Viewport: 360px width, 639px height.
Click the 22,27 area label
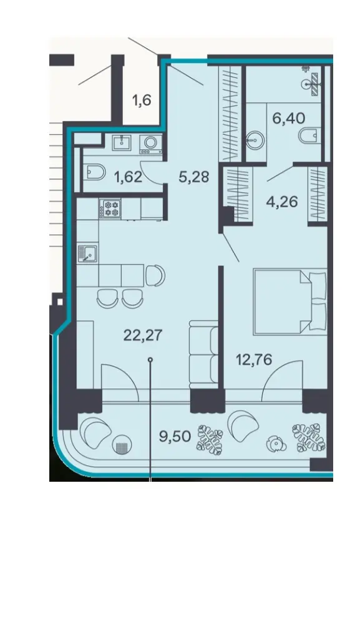(142, 336)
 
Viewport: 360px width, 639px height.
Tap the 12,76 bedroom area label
(254, 360)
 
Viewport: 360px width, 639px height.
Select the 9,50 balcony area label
(175, 437)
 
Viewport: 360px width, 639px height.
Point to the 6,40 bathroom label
(289, 119)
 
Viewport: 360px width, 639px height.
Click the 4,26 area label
(283, 202)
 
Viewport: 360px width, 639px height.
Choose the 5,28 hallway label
(194, 177)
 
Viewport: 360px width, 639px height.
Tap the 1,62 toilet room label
(129, 177)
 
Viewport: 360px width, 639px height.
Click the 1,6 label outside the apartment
(142, 100)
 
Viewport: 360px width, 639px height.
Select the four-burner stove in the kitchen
(110, 208)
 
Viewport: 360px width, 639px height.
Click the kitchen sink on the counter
(87, 253)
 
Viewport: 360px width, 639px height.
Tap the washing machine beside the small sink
(151, 144)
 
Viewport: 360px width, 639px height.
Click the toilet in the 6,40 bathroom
(309, 135)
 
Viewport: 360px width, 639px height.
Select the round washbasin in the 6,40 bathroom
(255, 140)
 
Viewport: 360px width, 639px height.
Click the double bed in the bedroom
(290, 301)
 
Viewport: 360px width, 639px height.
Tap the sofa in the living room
(203, 352)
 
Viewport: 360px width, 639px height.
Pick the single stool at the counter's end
(155, 275)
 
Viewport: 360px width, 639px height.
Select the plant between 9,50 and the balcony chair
(210, 440)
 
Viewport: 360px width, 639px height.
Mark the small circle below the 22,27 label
(150, 359)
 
